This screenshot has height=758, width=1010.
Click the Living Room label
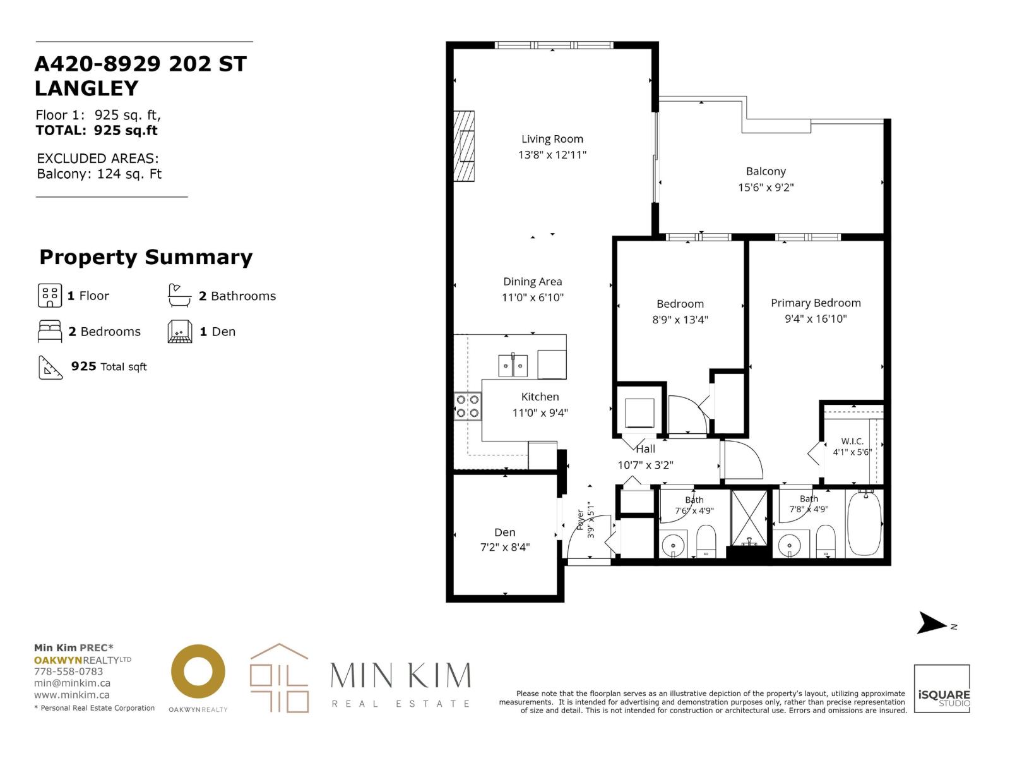[x=552, y=139]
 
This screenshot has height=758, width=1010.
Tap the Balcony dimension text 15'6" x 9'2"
[x=766, y=188]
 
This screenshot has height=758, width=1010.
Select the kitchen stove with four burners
[x=468, y=406]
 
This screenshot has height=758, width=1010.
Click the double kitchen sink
[x=513, y=366]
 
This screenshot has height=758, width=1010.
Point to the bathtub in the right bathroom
[x=865, y=523]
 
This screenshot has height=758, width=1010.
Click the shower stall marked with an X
[x=749, y=518]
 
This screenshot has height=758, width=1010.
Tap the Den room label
[x=505, y=532]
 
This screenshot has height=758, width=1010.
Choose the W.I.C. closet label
[x=852, y=442]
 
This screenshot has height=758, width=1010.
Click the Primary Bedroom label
[x=816, y=303]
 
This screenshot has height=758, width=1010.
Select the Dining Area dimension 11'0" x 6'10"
[x=532, y=298]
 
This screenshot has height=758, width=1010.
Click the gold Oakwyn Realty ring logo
[x=198, y=672]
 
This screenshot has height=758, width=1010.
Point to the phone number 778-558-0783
[x=69, y=671]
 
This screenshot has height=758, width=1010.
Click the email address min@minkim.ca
[x=72, y=683]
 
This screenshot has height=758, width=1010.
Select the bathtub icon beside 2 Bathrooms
[x=179, y=296]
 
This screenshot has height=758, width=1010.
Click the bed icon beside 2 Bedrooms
[x=50, y=332]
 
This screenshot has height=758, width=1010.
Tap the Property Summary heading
[x=146, y=257]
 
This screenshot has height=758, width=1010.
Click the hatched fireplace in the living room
[x=464, y=147]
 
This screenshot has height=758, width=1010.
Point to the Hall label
[x=645, y=449]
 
